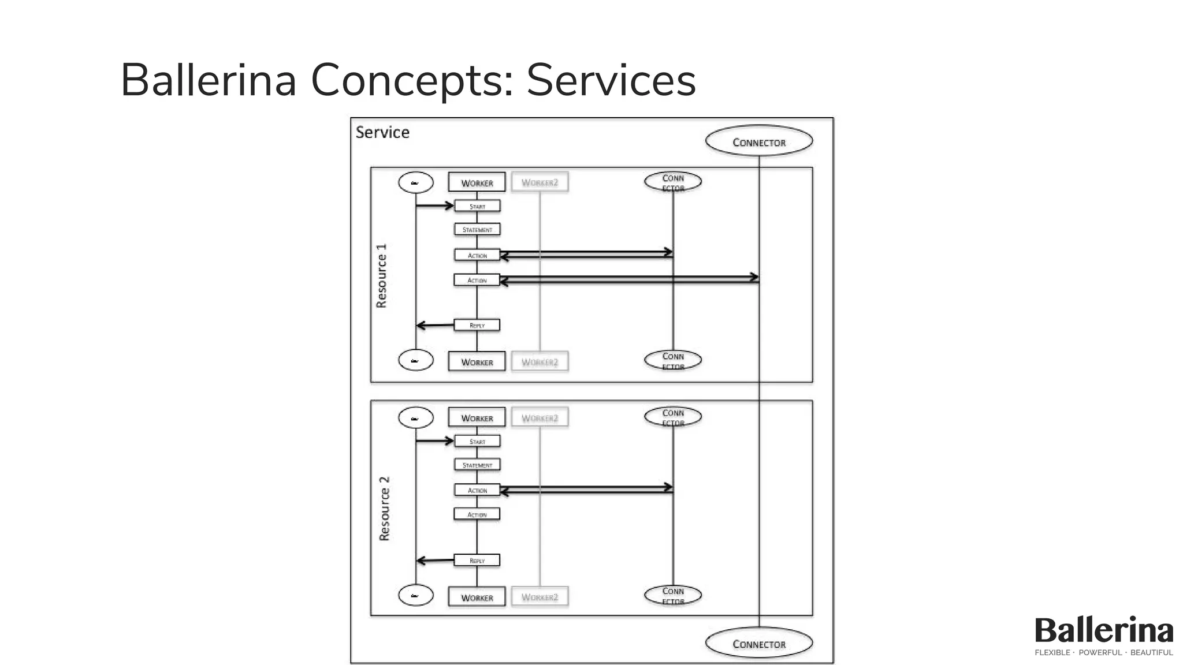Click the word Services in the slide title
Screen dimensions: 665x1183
coord(611,80)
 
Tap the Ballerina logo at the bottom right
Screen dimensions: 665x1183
coord(1103,630)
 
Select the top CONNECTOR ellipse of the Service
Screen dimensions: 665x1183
coord(758,141)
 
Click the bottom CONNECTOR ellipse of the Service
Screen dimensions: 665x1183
coord(758,643)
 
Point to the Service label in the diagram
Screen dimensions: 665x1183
coord(382,132)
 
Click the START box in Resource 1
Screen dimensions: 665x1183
coord(477,206)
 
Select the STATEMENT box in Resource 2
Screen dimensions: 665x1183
coord(477,465)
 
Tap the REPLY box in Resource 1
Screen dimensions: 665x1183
coord(477,325)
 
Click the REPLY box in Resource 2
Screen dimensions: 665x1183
coord(477,560)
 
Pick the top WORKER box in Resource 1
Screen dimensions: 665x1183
coord(477,182)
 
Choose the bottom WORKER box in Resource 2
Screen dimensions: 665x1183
coord(477,597)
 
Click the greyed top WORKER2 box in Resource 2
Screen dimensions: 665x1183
coord(540,417)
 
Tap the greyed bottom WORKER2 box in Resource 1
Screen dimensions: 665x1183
coord(540,362)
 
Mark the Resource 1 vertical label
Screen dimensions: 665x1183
coord(381,275)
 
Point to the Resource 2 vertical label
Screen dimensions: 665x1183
coord(384,509)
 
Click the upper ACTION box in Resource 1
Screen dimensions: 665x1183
coord(477,255)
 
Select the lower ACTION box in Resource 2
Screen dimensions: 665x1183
coord(477,514)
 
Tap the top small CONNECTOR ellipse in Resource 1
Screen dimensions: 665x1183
coord(673,182)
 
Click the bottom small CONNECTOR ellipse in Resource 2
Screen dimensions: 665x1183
coord(673,595)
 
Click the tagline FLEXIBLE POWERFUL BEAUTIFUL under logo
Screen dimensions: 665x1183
coord(1103,653)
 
